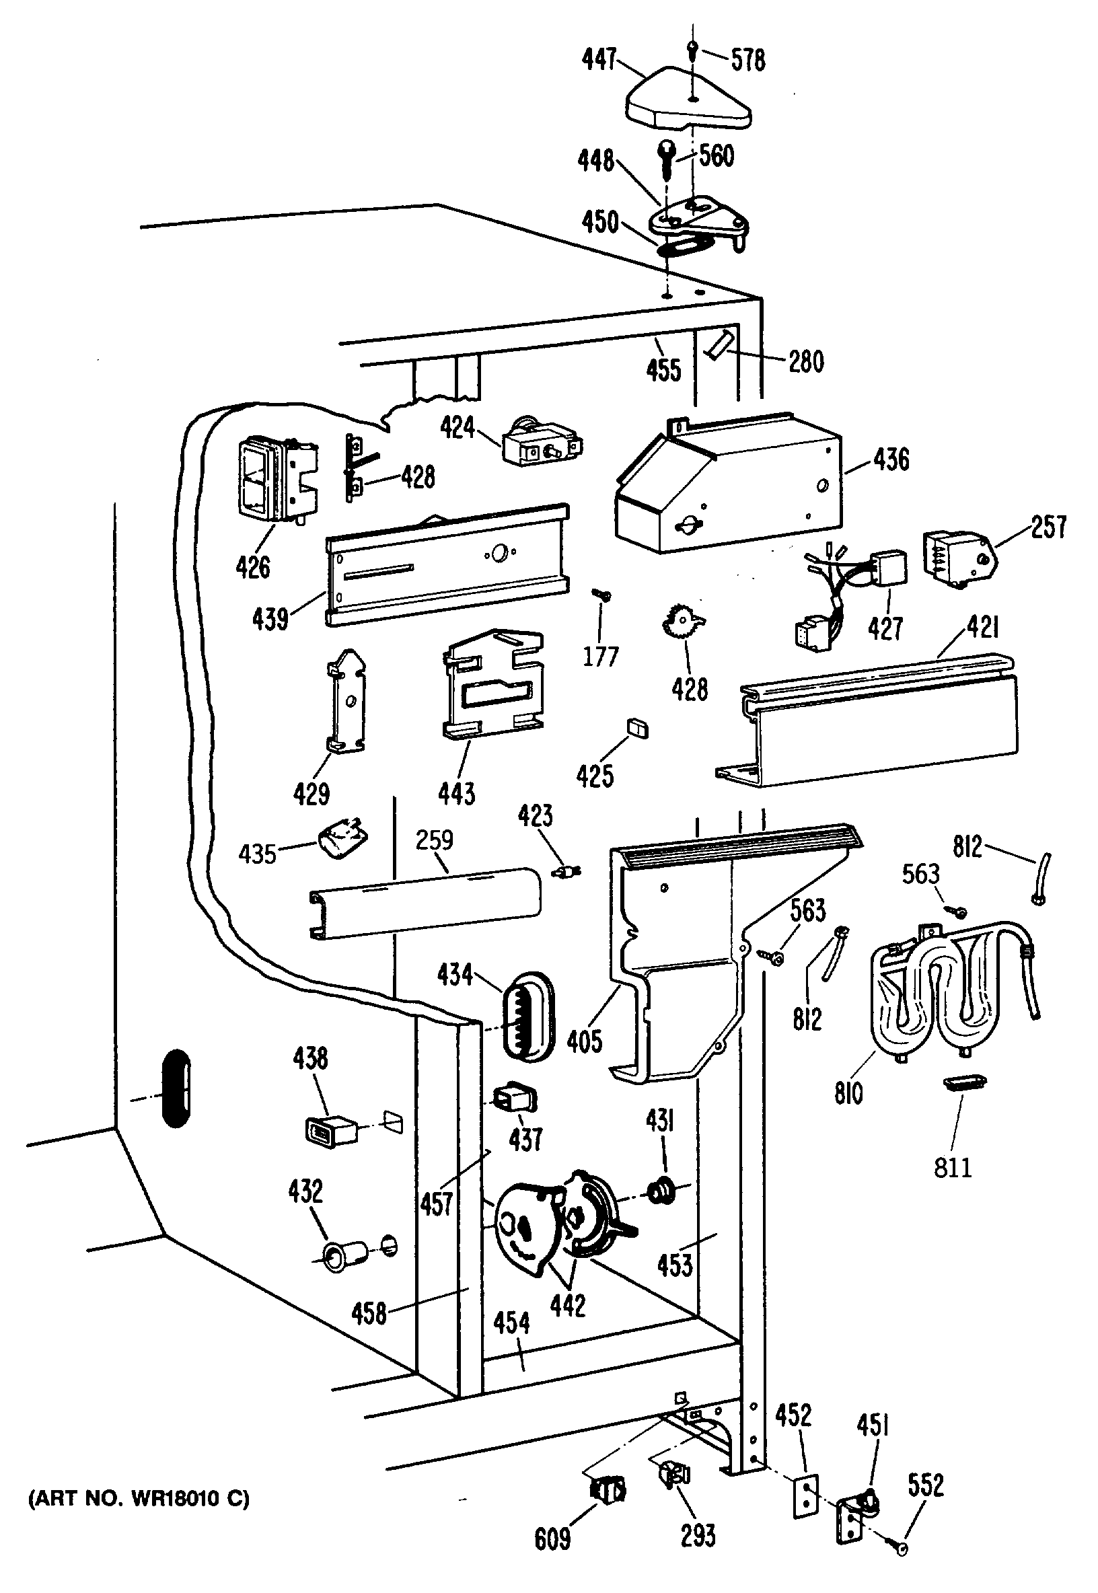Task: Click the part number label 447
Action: [599, 59]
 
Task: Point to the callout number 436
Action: [891, 459]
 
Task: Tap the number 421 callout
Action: [982, 626]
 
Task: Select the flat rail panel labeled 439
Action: [447, 564]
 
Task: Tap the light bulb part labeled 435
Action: [342, 841]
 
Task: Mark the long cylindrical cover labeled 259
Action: [425, 903]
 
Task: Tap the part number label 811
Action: [953, 1167]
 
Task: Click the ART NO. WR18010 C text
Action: [139, 1498]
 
